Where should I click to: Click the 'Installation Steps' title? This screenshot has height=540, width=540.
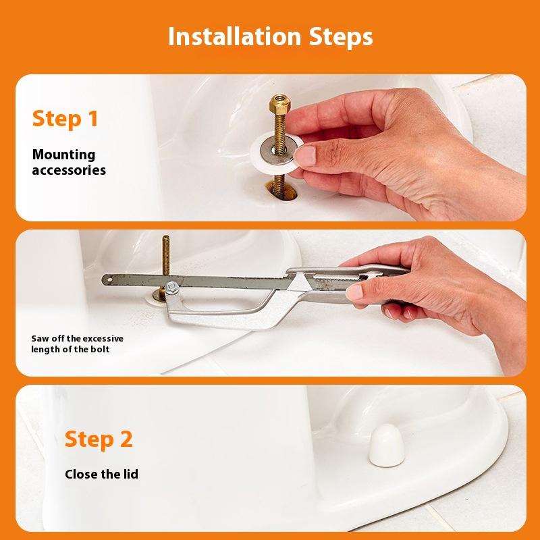pos(271,36)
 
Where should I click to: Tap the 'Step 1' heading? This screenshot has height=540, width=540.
pos(65,119)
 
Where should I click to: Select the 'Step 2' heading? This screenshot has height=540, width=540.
pos(99,439)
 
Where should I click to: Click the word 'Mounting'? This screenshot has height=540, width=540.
pos(63,155)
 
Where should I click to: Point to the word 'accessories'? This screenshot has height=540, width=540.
pos(69,170)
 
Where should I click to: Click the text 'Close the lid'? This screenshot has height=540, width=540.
pos(102,475)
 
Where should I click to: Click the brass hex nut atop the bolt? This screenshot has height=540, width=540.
pos(279,104)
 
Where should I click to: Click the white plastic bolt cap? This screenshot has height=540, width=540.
pos(386,446)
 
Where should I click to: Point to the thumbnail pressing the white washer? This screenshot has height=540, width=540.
pos(305,156)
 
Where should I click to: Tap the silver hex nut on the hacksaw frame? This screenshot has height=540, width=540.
pos(171,288)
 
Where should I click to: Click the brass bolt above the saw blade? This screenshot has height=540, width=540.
pos(166,255)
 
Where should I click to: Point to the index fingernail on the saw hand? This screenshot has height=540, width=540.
pos(355,292)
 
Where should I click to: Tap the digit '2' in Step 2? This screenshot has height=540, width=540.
pos(126,439)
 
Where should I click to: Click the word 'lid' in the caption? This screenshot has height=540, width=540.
pos(131,475)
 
